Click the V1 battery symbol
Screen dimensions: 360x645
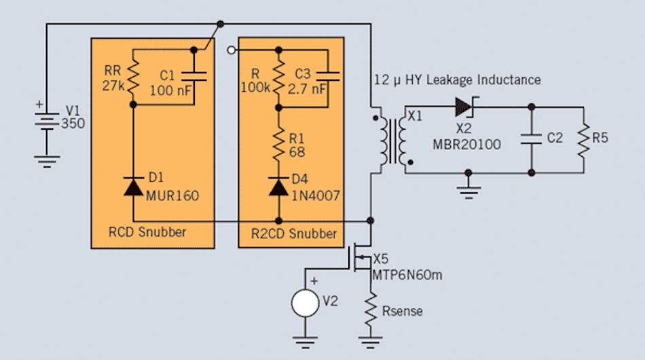coord(46,123)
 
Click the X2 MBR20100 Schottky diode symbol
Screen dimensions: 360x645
coord(464,106)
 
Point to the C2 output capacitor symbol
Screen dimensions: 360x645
coord(531,139)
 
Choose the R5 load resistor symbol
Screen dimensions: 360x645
coord(583,139)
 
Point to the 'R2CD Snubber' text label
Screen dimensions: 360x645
coord(293,233)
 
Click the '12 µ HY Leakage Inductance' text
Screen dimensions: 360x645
coord(457,80)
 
